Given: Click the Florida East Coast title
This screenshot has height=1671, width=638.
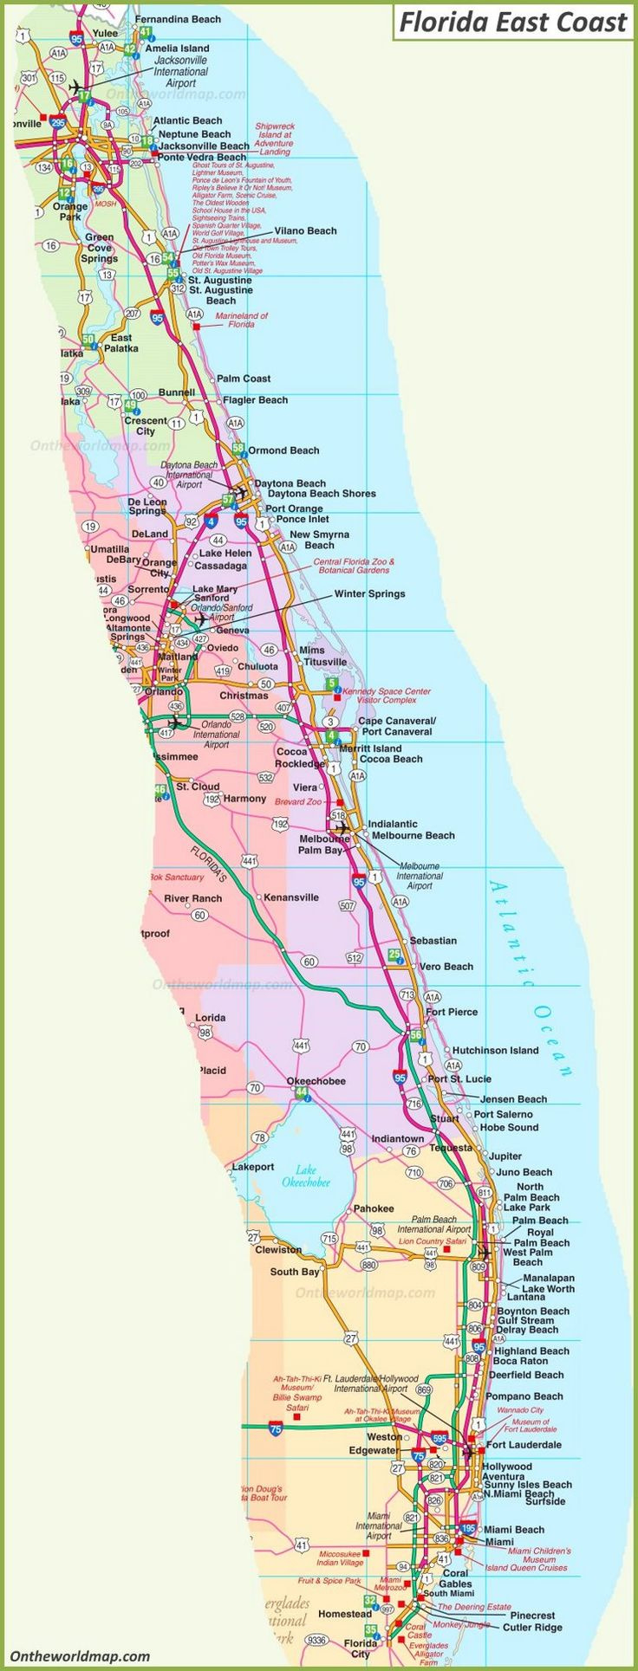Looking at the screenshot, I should [512, 23].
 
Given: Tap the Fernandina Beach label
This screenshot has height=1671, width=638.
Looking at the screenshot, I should [178, 19].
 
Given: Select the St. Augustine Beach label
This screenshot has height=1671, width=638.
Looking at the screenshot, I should [220, 295].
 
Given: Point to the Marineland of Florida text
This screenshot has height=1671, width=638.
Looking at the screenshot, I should [241, 320].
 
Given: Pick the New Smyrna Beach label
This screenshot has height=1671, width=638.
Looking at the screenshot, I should [319, 540].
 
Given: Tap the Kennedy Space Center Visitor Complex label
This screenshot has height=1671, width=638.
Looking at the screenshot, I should [387, 696].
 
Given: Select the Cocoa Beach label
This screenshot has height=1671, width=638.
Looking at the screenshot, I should [391, 759].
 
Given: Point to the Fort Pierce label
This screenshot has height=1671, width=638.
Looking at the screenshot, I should [452, 1012].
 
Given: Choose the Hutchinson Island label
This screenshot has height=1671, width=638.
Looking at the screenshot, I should [495, 1050].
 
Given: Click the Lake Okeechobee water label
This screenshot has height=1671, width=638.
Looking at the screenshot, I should [306, 1176].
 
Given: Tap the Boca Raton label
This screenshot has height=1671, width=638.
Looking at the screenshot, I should [520, 1361].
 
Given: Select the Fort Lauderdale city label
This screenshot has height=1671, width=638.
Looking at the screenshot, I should [524, 1444].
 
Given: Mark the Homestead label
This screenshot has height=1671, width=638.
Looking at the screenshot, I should [344, 1614].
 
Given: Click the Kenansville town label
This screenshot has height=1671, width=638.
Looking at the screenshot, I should [290, 897].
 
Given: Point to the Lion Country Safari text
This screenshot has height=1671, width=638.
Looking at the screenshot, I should [432, 1241].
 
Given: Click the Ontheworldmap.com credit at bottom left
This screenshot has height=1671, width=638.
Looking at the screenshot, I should [80, 1655].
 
